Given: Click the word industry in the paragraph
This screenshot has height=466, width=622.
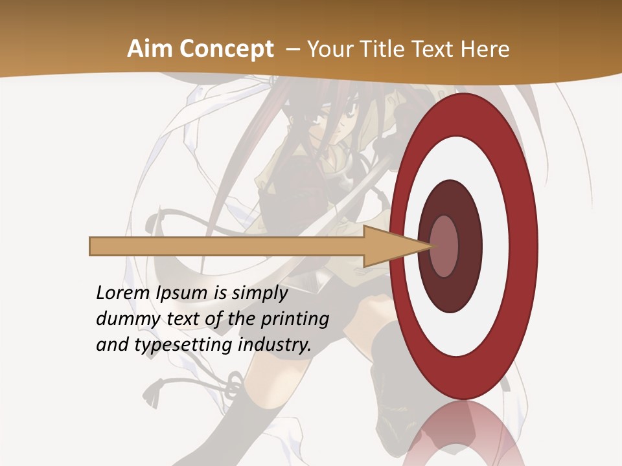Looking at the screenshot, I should pyautogui.click(x=275, y=344).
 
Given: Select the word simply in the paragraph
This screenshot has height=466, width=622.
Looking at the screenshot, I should pyautogui.click(x=259, y=293).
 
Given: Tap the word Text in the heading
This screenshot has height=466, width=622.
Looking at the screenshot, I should pyautogui.click(x=435, y=49).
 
